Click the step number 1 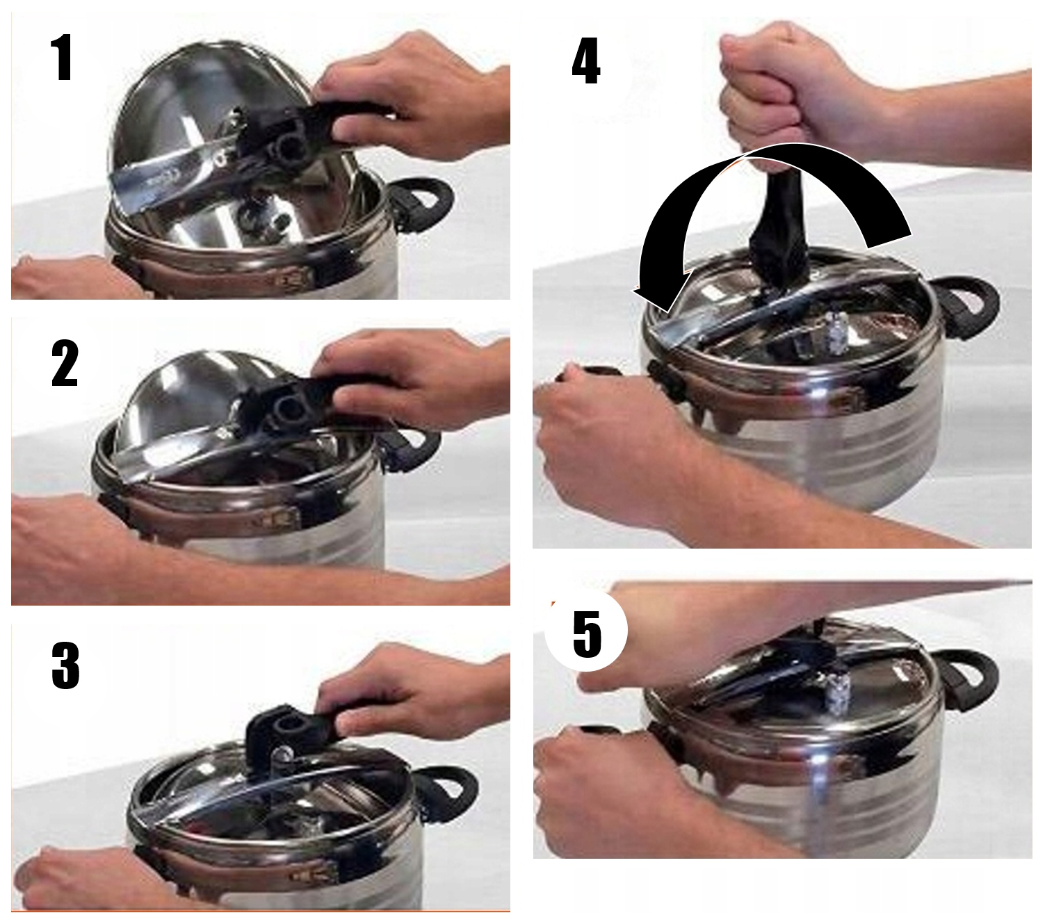pos(62,58)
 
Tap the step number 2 pos(65,363)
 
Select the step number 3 pos(65,665)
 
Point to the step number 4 pos(586,60)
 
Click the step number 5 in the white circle pos(587,635)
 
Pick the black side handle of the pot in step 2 pos(412,450)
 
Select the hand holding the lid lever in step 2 pos(407,377)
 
